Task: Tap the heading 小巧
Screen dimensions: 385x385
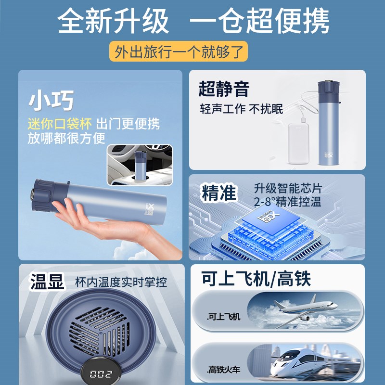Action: (51, 101)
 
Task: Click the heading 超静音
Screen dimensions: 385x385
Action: (224, 89)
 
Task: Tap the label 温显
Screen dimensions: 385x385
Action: (47, 282)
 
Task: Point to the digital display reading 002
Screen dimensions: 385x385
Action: (101, 374)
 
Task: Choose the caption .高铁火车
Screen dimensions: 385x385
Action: (224, 370)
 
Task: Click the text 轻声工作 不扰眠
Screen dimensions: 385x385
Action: (241, 109)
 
